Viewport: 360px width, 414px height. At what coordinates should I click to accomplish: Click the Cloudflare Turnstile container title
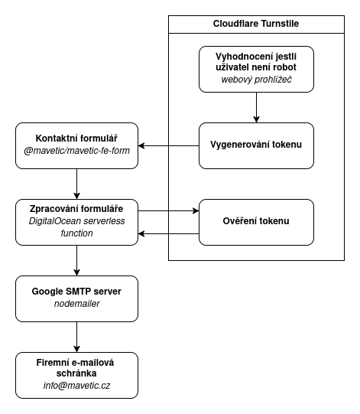point(256,24)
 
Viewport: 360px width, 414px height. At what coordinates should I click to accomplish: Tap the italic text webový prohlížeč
point(256,80)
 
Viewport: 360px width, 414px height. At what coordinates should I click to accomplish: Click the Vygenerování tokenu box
point(256,145)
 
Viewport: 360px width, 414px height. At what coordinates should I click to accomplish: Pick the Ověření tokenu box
point(256,222)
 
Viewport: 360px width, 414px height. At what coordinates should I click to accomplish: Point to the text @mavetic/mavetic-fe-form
point(76,152)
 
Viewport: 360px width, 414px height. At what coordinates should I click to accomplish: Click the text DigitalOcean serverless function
point(76,227)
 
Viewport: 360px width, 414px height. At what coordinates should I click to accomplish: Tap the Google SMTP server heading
point(76,292)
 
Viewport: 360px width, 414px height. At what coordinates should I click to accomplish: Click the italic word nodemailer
point(76,305)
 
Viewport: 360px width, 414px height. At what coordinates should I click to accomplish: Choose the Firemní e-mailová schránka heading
point(76,367)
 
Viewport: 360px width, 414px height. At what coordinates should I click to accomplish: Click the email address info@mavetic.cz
point(76,386)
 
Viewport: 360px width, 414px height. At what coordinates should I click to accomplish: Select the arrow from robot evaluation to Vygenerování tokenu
point(256,107)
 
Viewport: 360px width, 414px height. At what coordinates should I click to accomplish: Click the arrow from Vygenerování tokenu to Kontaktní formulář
point(168,145)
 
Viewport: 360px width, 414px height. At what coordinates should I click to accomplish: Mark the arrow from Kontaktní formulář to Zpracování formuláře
point(76,184)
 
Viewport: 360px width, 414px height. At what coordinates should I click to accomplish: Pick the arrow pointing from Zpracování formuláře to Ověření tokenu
point(168,210)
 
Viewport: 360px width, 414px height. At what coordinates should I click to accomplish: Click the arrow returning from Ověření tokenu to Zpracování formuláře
point(168,233)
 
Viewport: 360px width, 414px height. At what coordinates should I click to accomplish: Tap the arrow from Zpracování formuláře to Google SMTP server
point(76,260)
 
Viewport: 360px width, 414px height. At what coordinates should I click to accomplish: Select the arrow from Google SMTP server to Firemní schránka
point(76,337)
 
